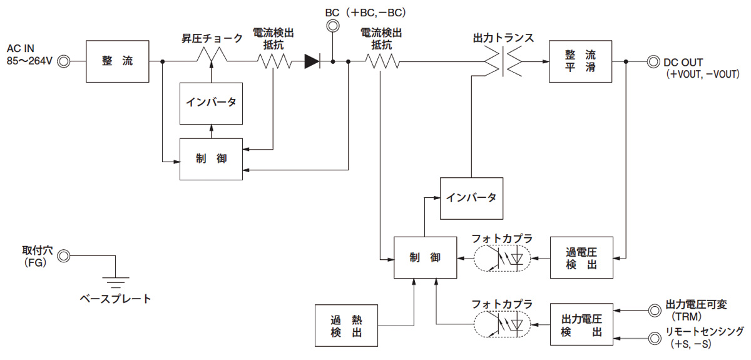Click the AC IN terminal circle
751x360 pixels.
click(x=63, y=61)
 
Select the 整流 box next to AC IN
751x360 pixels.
click(x=118, y=61)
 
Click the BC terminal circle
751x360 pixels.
click(x=332, y=26)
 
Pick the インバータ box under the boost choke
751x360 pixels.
click(x=211, y=102)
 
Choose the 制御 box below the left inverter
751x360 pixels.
click(x=211, y=159)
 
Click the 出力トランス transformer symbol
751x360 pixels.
click(x=503, y=61)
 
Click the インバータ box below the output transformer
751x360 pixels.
click(x=471, y=198)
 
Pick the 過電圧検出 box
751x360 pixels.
click(x=581, y=258)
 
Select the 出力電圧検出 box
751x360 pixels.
click(x=581, y=324)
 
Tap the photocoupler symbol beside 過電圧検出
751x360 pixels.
click(x=501, y=258)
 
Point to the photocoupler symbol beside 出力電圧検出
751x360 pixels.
click(x=501, y=324)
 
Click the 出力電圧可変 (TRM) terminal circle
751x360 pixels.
click(x=653, y=309)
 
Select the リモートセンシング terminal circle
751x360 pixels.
click(x=653, y=339)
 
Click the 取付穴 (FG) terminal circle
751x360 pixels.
click(x=63, y=255)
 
